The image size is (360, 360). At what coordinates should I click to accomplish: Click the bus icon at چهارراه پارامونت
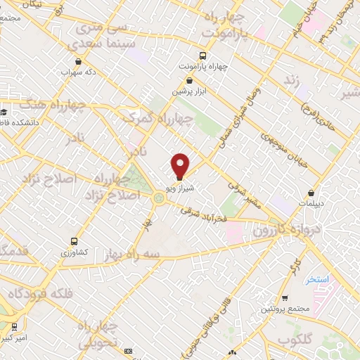pyautogui.click(x=202, y=55)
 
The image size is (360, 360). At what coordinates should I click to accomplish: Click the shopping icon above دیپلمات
pyautogui.click(x=311, y=193)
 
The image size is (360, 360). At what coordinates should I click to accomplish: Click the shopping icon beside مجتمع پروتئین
pyautogui.click(x=285, y=298)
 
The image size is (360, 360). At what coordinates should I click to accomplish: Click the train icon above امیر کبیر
pyautogui.click(x=14, y=327)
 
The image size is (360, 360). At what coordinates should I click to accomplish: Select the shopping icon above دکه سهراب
pyautogui.click(x=77, y=60)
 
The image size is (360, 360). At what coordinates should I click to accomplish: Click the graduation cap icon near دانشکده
pyautogui.click(x=4, y=111)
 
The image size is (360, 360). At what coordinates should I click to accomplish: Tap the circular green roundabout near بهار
pyautogui.click(x=160, y=199)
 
